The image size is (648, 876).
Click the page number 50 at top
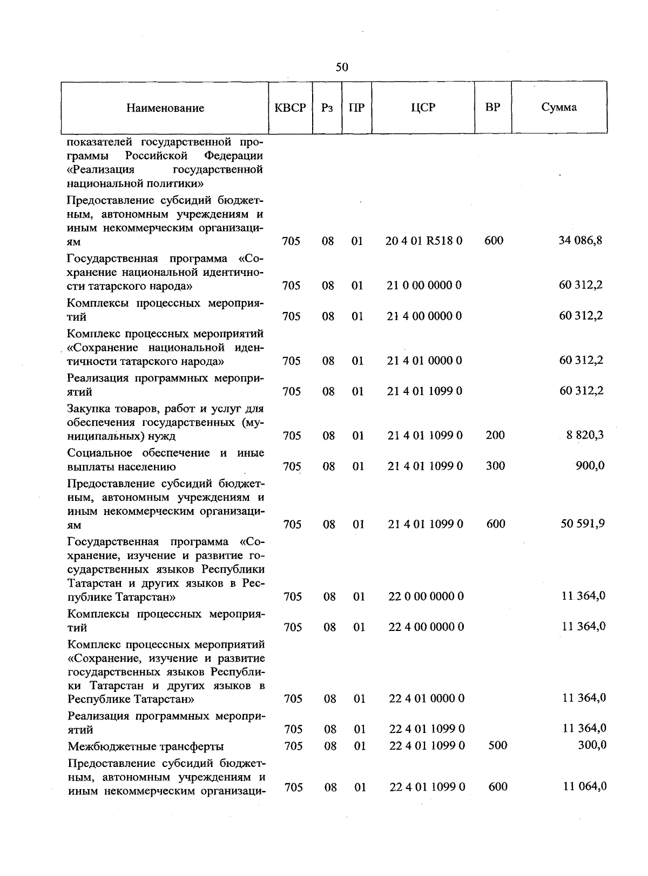(342, 67)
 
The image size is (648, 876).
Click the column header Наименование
(165, 108)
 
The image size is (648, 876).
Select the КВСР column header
(291, 107)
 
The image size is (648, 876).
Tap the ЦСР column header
(423, 107)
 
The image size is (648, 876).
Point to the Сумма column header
(559, 107)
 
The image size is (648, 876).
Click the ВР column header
(492, 107)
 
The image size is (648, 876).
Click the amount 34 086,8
(580, 240)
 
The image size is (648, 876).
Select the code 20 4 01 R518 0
(424, 241)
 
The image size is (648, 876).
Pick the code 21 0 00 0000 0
(424, 285)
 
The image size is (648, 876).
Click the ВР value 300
(495, 465)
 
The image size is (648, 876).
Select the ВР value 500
(497, 745)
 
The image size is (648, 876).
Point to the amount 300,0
(591, 745)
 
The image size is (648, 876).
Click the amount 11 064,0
(584, 786)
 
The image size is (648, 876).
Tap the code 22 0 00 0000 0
(426, 596)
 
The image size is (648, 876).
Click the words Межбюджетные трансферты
(145, 746)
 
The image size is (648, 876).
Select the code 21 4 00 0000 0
(424, 316)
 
